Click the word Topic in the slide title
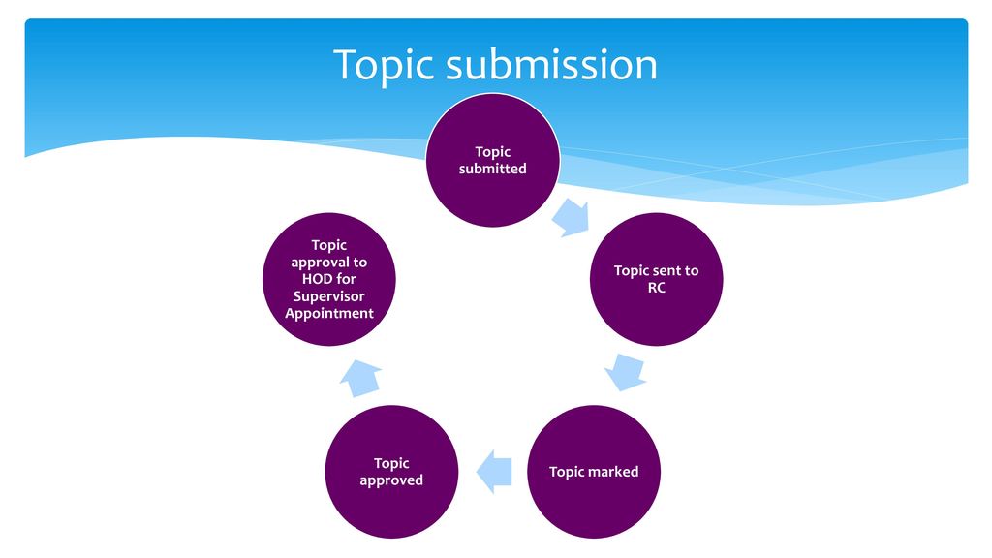click(x=384, y=65)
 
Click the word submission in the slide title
click(x=551, y=64)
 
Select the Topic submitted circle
click(x=493, y=160)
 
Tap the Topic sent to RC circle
click(x=656, y=279)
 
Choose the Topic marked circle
click(x=594, y=472)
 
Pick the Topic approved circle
click(x=391, y=472)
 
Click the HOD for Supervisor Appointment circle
click(x=329, y=279)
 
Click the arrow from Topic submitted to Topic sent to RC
click(x=572, y=218)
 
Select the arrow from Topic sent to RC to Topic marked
click(x=626, y=372)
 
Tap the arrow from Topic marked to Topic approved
click(x=493, y=472)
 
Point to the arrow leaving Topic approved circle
click(x=360, y=378)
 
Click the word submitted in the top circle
click(x=493, y=169)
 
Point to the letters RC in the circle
click(x=657, y=288)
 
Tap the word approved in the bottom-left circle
click(x=391, y=480)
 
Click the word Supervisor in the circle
click(x=329, y=296)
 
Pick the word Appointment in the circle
click(x=329, y=314)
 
